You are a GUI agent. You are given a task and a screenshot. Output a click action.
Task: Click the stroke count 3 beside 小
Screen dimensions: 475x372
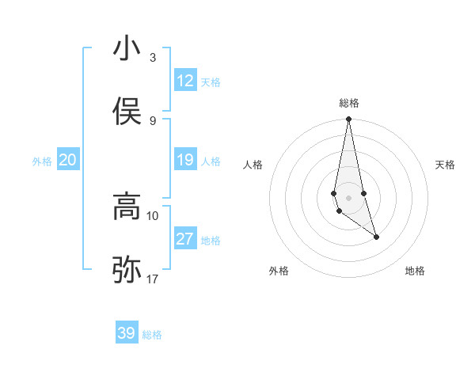(153, 58)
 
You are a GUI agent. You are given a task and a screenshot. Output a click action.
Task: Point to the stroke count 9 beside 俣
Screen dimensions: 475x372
(153, 120)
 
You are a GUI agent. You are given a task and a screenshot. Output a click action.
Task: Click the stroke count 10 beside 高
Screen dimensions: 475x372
(153, 215)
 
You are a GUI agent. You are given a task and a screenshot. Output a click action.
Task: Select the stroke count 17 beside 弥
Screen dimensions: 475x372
(153, 279)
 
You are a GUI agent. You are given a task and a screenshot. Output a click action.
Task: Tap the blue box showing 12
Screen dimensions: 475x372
(185, 81)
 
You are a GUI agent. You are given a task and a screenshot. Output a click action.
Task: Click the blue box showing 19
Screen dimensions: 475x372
(185, 161)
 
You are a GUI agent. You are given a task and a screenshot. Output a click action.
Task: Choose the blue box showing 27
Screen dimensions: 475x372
(185, 239)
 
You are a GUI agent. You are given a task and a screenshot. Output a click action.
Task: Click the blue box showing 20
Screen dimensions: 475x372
(67, 161)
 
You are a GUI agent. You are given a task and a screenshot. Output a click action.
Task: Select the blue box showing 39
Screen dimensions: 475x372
(127, 333)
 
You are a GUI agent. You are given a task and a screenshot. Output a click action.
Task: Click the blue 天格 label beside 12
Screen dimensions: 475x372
(211, 82)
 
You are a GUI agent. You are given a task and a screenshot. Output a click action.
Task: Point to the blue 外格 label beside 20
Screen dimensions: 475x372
(42, 161)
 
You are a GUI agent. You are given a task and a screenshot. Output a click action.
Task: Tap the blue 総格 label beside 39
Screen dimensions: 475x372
(152, 335)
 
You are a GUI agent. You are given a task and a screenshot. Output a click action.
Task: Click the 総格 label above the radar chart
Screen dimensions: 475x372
(349, 103)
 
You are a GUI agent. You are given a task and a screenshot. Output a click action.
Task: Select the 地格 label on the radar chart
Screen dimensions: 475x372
(415, 271)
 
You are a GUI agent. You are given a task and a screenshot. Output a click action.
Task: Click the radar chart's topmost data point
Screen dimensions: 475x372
(349, 120)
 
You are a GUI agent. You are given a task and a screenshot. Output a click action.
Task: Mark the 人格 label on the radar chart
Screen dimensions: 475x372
(253, 165)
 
